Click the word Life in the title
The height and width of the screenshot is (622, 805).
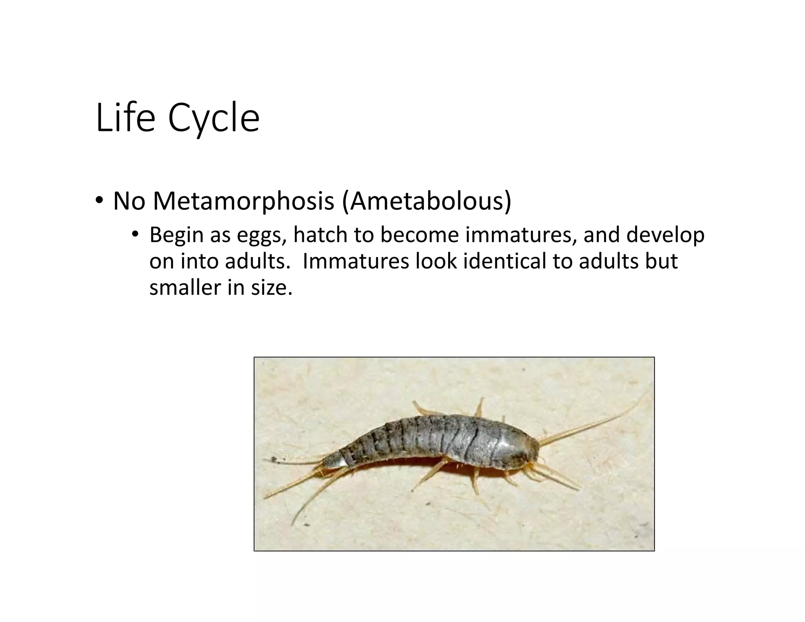[125, 118]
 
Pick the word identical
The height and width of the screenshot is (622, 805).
[504, 261]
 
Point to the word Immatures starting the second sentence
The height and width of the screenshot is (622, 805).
[356, 261]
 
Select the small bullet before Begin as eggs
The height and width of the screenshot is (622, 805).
[135, 235]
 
